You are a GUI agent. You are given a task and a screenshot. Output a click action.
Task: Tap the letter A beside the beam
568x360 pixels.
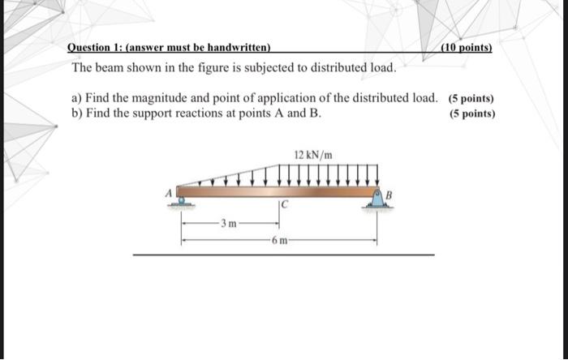(x=170, y=192)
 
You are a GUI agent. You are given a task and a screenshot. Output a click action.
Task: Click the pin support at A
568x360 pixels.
(x=183, y=198)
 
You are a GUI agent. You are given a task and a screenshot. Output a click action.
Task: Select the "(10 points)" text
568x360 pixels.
(x=466, y=47)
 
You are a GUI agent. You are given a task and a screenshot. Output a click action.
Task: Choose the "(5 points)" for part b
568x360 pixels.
(x=472, y=114)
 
